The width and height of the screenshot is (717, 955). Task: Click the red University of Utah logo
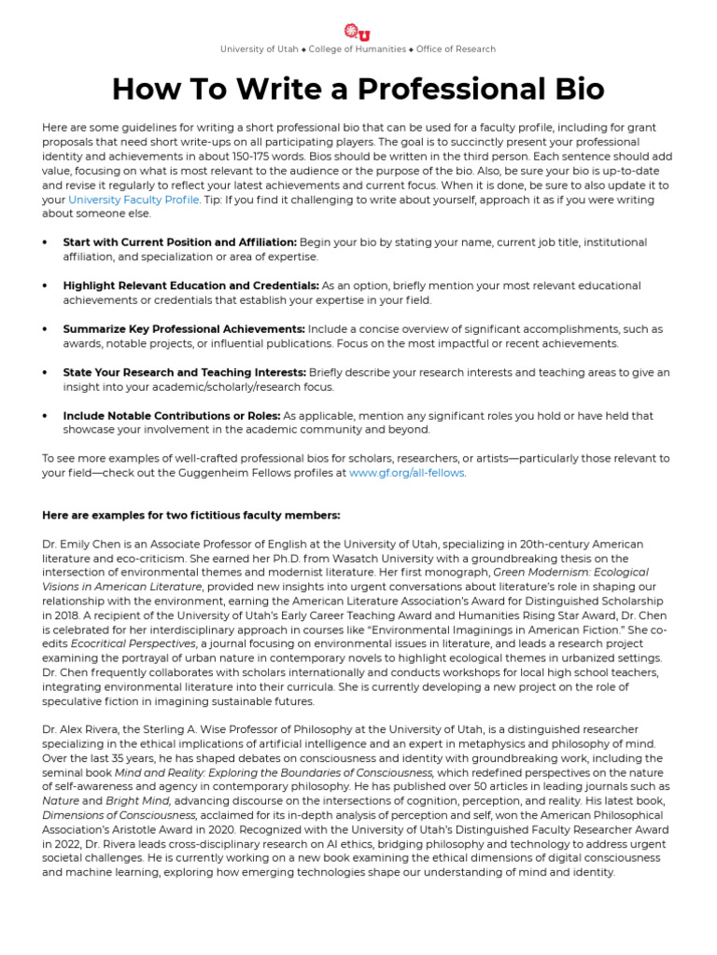358,32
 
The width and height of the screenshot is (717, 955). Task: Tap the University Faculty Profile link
134,200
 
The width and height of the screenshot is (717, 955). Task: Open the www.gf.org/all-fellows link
406,473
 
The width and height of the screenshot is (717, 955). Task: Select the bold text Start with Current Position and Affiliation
180,242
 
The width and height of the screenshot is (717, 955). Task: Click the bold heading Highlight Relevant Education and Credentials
191,286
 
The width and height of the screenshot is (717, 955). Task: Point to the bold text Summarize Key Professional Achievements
184,329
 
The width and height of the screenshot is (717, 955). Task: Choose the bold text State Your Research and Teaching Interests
184,372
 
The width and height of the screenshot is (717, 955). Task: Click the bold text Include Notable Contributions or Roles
172,416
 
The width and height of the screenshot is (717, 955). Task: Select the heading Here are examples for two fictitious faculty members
191,516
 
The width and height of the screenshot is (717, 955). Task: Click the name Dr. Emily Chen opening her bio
82,544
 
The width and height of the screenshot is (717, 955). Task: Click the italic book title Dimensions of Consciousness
117,814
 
